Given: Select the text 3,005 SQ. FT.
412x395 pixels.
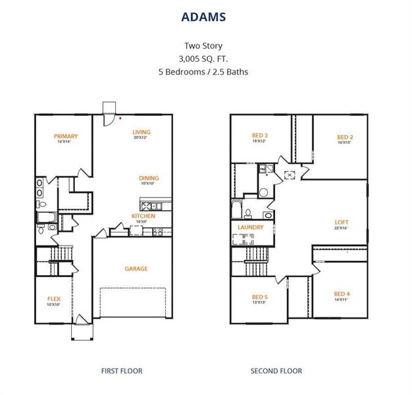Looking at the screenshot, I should [x=205, y=59].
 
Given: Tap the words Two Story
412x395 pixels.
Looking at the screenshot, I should [x=205, y=47].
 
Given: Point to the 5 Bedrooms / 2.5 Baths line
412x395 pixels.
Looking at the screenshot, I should [x=205, y=71].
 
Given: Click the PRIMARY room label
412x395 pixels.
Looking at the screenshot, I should [x=66, y=136].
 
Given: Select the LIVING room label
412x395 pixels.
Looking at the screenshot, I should [x=142, y=132].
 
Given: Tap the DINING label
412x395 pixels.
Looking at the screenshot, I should [x=148, y=178].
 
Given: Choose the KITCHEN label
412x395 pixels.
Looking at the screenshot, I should [x=143, y=216].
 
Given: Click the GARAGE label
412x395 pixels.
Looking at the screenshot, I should [x=136, y=269].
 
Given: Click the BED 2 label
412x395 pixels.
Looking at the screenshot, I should [x=344, y=136].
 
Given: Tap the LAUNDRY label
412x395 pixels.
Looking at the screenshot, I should [x=251, y=227].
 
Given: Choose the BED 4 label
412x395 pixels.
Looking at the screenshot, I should [x=342, y=294].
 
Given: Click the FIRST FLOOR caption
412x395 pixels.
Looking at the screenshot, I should [x=121, y=371].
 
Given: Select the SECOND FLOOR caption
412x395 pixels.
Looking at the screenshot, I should [x=276, y=371].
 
